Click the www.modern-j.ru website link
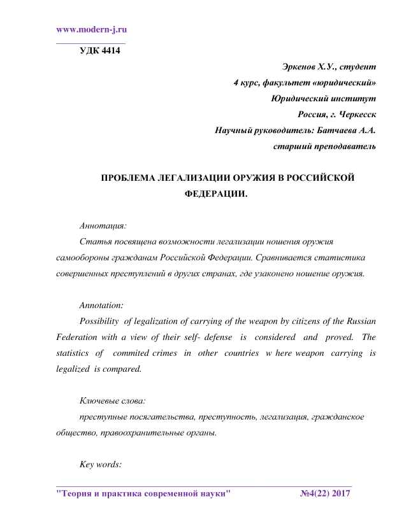pos(92,29)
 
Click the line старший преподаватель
pos(324,147)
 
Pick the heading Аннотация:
pos(103,225)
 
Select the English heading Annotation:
pos(102,305)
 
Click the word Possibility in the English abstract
pos(100,321)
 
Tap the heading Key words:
pos(100,464)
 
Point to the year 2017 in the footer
pos(341,494)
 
